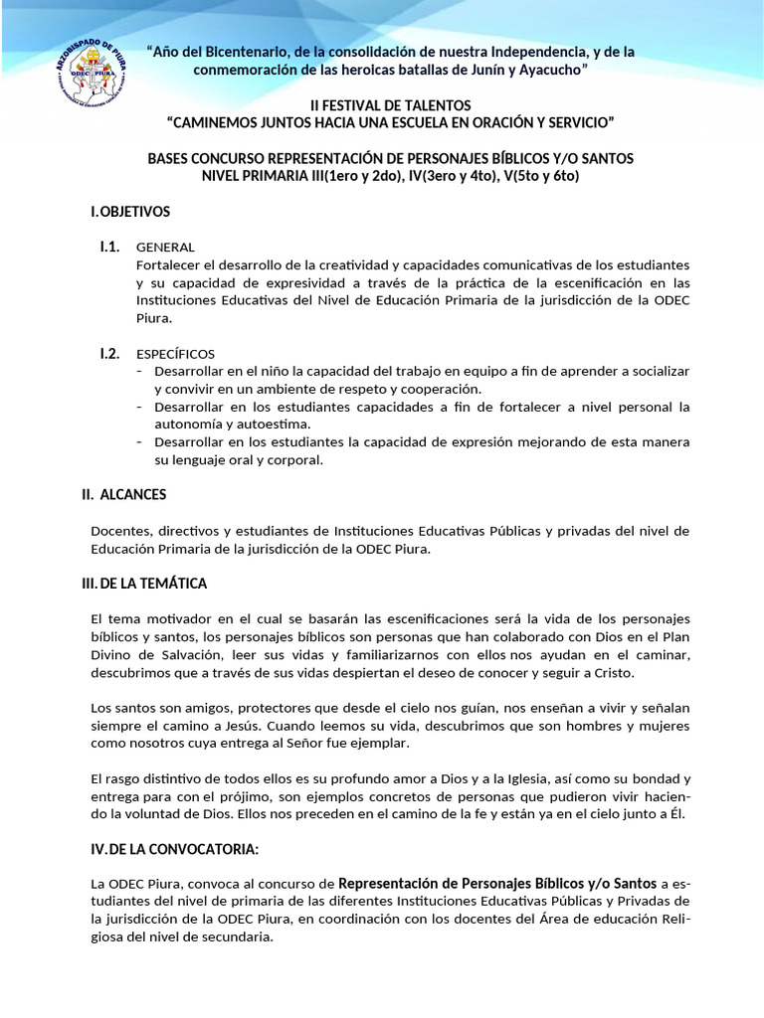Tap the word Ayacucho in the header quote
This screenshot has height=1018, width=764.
[543, 70]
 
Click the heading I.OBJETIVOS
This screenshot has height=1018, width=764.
[130, 212]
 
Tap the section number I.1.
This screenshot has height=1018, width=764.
[109, 247]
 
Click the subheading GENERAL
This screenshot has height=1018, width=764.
[165, 248]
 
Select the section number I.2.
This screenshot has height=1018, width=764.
[109, 353]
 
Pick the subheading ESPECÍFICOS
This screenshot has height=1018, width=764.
[175, 354]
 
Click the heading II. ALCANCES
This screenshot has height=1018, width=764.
[123, 494]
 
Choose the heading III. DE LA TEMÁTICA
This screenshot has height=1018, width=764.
[144, 583]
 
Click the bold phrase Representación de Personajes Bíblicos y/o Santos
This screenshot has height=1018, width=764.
[497, 882]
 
